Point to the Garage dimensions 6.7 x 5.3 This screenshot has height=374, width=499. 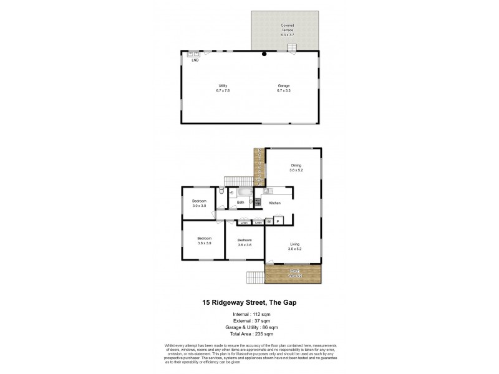click(284, 91)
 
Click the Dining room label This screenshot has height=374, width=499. click(295, 165)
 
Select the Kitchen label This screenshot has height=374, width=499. click(274, 203)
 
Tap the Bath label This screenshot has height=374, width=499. click(240, 203)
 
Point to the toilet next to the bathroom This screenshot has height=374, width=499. click(222, 193)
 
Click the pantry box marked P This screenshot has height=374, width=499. click(278, 220)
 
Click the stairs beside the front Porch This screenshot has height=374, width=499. click(255, 277)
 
